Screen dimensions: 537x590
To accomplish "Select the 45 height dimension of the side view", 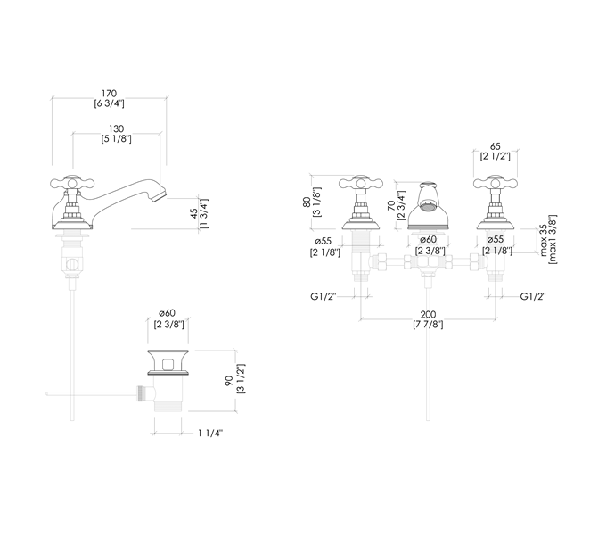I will pos(195,213).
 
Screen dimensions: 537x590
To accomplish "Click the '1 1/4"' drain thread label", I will pos(211,434).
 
